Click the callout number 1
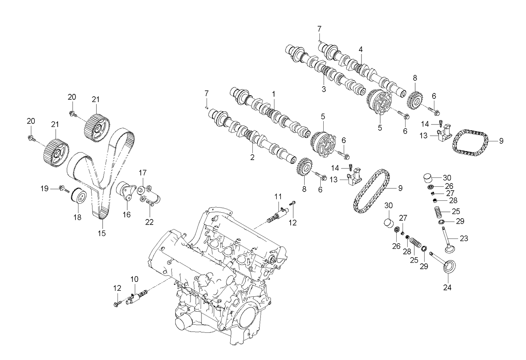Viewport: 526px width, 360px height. coord(274,93)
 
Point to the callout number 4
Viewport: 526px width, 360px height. coord(361,49)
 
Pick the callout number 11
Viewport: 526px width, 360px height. coord(278,196)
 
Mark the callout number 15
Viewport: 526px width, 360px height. coord(102,233)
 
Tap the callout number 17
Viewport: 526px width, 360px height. coord(143,172)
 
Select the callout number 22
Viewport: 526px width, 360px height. coord(150,221)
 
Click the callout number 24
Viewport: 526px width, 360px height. coord(448,287)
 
